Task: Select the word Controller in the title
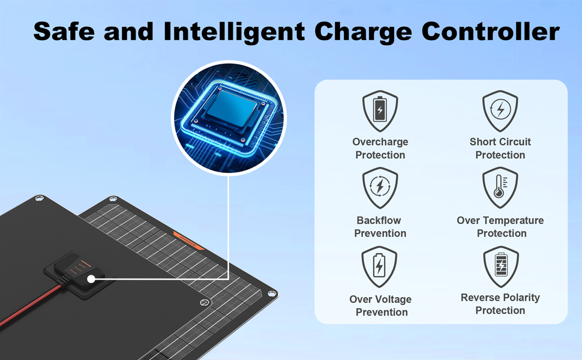(490, 31)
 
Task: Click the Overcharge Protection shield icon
(380, 110)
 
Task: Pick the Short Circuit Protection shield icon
(500, 110)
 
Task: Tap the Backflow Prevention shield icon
(380, 187)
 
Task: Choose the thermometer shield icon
(500, 187)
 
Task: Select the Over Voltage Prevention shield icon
(380, 266)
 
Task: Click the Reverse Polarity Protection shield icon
(500, 266)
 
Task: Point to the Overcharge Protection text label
(380, 148)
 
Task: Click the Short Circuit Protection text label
(500, 148)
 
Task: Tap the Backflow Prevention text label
(380, 227)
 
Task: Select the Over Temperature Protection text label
(500, 227)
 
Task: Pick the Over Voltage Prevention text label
(381, 305)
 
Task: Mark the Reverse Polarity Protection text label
(500, 304)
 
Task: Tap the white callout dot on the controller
(91, 279)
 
